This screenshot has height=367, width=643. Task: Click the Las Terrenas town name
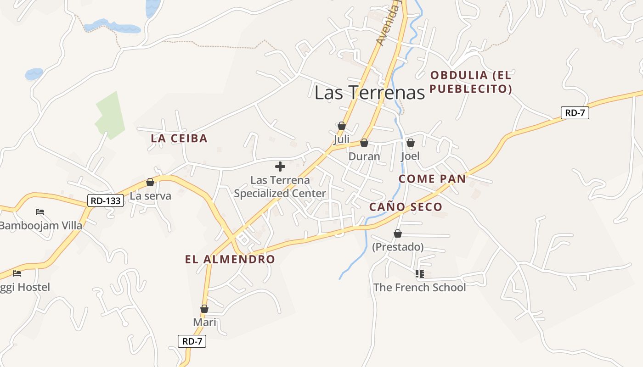370,93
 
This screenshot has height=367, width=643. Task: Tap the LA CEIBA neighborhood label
179,138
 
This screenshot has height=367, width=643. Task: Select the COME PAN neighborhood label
432,179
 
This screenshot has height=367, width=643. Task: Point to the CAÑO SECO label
406,207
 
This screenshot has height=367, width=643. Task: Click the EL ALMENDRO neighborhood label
230,259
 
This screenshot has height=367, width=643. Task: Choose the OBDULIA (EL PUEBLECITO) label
471,82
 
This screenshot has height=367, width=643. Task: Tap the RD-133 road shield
106,200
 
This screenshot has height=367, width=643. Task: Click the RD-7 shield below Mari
192,341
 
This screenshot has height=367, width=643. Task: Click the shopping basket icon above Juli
341,126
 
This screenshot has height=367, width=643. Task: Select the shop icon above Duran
364,143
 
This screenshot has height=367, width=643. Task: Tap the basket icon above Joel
411,143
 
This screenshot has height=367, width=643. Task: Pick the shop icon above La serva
150,183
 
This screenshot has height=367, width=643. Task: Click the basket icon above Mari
204,309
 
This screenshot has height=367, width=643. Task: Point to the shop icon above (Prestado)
398,234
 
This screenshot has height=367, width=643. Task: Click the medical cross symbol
280,167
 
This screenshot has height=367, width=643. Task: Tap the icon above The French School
419,274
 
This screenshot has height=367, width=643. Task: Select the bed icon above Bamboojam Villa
40,212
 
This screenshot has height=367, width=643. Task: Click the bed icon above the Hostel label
17,273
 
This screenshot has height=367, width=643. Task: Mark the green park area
110,115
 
